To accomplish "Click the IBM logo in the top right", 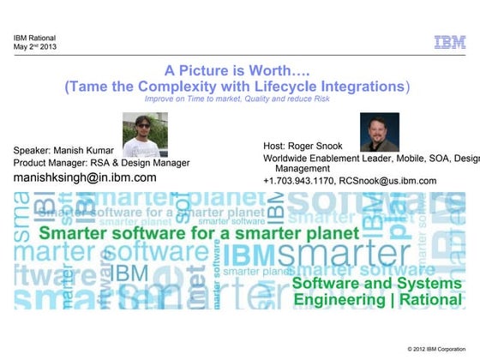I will (x=449, y=41).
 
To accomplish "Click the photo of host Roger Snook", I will (x=379, y=133).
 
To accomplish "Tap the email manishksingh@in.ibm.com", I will (x=85, y=177).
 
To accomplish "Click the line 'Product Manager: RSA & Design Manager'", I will (x=101, y=163).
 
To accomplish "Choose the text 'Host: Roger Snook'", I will (x=303, y=147).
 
